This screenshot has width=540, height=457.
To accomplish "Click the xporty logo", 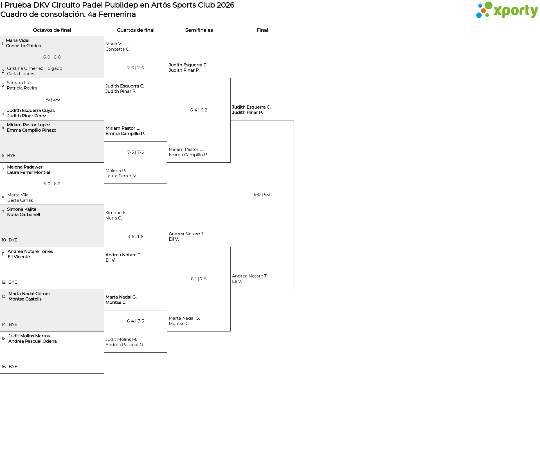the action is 507,10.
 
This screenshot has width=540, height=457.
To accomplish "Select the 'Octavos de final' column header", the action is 52,30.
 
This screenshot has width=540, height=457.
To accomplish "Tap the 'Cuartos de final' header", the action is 136,30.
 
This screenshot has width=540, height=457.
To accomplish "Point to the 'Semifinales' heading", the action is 199,30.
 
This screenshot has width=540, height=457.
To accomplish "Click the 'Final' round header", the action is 262,30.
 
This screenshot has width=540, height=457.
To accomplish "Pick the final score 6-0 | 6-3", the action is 262,194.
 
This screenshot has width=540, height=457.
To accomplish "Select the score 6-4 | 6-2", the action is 199,110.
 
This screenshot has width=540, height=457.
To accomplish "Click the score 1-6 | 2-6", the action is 52,99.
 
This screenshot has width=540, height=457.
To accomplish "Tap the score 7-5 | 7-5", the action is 136,152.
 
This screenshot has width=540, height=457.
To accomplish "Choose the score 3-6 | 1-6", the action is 136,237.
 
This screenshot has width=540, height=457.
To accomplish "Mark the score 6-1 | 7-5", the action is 199,279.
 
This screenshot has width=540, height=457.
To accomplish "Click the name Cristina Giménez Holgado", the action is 35,68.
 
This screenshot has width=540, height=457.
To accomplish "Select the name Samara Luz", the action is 19,83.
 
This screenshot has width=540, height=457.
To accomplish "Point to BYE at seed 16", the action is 13,367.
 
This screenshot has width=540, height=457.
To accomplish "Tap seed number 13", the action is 4,296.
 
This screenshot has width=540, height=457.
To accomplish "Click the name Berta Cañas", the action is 20,200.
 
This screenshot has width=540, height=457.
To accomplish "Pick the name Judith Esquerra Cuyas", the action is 31,111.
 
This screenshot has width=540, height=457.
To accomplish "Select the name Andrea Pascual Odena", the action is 33,341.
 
